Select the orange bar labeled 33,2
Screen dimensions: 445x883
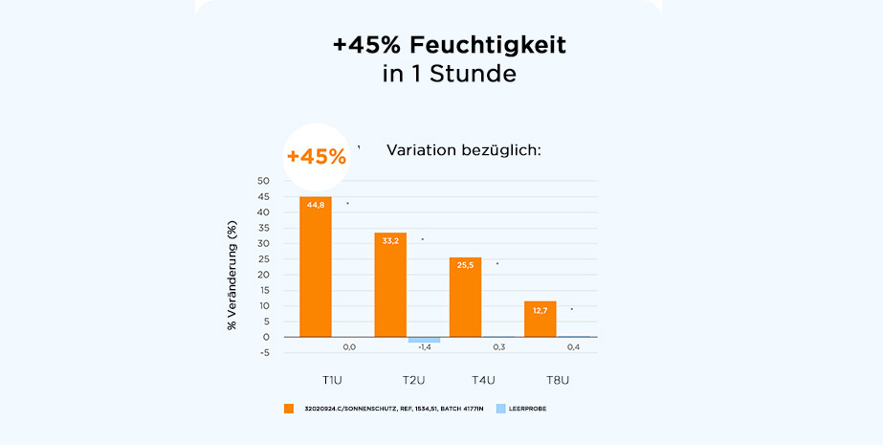390,284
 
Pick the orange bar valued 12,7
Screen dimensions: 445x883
540,319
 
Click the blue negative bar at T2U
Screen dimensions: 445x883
424,340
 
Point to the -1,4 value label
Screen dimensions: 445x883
424,347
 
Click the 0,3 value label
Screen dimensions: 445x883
498,347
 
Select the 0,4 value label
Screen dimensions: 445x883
573,347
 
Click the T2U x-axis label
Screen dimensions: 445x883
413,381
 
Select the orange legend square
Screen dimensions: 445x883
289,409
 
